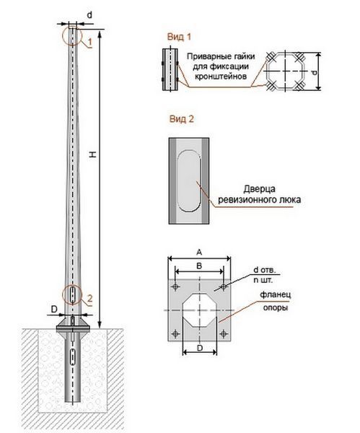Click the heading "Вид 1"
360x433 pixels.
pos(179,37)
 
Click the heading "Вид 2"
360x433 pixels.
pos(181,119)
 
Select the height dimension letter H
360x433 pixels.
pos(93,154)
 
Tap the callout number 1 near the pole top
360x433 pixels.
pos(90,42)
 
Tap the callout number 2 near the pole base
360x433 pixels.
pos(89,299)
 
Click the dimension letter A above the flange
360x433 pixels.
pos(199,252)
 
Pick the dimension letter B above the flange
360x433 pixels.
pos(199,266)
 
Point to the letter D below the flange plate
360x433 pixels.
pos(200,348)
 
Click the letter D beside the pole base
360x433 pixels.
pos(54,309)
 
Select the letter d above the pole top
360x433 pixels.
pos(89,15)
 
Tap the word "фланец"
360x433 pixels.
pos(276,294)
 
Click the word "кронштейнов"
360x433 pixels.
pos(221,76)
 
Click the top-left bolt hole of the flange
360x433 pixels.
pos(175,287)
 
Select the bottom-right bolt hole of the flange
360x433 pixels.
pos(224,334)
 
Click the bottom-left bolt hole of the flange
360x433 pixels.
pos(175,334)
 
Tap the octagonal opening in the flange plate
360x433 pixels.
pos(200,310)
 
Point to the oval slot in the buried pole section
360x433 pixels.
pos(73,357)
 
